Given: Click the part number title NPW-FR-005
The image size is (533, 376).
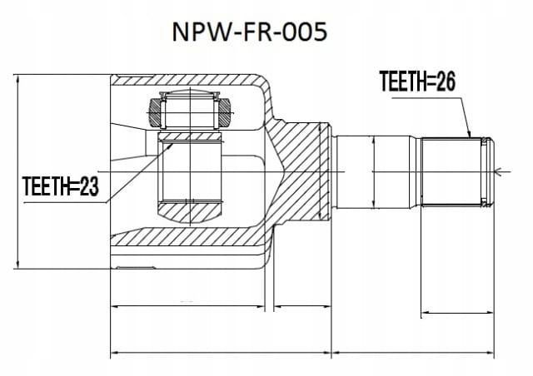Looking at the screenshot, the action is point(250,32).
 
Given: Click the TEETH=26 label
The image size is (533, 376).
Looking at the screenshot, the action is point(417,82).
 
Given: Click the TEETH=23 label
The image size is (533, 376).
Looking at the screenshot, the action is point(61,186).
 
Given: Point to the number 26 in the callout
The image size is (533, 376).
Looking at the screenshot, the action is point(446,82).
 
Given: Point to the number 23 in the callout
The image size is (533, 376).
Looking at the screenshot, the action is point(89,186).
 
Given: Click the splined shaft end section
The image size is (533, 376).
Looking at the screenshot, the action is point(455,171).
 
